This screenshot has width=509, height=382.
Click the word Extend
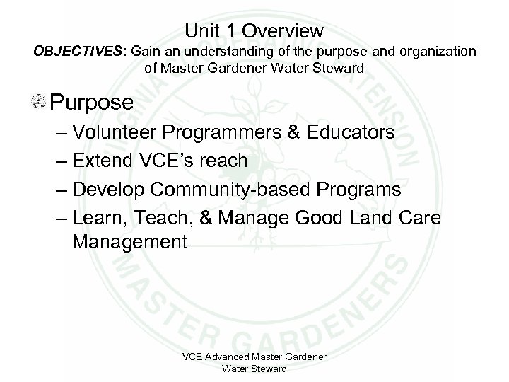point(107,161)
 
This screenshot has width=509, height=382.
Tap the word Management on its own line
point(129,243)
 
